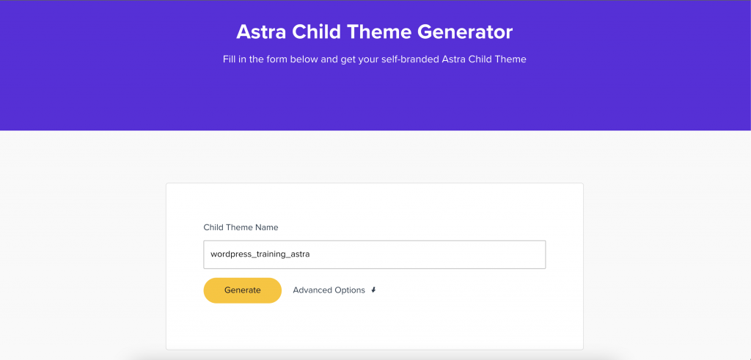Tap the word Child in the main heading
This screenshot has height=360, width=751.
[x=316, y=32]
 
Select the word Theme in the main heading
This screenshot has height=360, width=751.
[x=378, y=32]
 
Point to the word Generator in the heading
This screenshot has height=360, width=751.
[x=464, y=32]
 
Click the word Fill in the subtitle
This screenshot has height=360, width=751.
[x=229, y=59]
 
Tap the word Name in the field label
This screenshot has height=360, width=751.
[x=268, y=227]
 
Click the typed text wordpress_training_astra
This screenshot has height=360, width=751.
[x=260, y=254]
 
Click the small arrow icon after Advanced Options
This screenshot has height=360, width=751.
[x=373, y=290]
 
